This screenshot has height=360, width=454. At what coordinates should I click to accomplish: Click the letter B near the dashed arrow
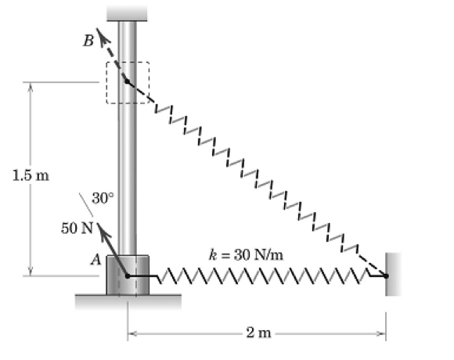pyautogui.click(x=88, y=41)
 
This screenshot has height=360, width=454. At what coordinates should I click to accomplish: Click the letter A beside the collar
pyautogui.click(x=96, y=259)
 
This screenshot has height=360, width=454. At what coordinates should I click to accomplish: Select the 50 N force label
pyautogui.click(x=77, y=228)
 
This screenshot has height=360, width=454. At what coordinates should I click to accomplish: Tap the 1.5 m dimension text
pyautogui.click(x=31, y=175)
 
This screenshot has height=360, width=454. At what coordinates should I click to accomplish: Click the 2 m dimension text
pyautogui.click(x=258, y=333)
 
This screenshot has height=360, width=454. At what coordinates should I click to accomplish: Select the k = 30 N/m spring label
pyautogui.click(x=246, y=255)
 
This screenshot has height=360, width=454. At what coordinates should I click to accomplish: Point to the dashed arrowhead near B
pyautogui.click(x=101, y=35)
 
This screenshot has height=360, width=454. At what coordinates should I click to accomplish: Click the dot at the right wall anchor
pyautogui.click(x=386, y=275)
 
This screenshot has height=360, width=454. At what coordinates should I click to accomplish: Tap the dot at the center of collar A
pyautogui.click(x=128, y=276)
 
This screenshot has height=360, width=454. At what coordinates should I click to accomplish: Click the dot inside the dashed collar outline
pyautogui.click(x=127, y=81)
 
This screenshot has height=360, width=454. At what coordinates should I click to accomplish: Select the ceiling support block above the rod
pyautogui.click(x=127, y=13)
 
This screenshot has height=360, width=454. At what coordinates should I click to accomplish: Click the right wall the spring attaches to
pyautogui.click(x=393, y=274)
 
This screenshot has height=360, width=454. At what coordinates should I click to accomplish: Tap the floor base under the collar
pyautogui.click(x=128, y=301)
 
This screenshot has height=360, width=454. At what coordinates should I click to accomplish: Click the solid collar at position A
pyautogui.click(x=128, y=275)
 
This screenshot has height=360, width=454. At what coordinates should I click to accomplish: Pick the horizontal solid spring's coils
pyautogui.click(x=263, y=275)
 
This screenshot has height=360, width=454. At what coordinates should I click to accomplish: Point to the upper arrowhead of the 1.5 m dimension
pyautogui.click(x=30, y=86)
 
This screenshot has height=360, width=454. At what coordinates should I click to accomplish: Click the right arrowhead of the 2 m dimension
pyautogui.click(x=381, y=333)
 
